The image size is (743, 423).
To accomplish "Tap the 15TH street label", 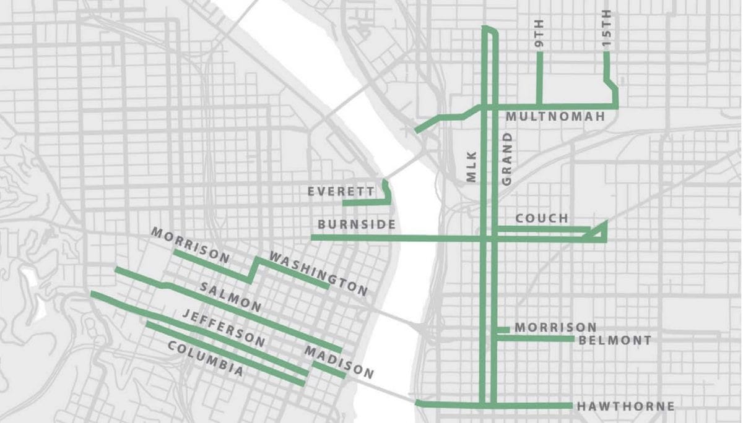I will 607,28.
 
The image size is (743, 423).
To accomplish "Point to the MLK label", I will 472,167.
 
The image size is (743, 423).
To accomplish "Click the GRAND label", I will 507,158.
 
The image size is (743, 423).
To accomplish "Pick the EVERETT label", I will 341,192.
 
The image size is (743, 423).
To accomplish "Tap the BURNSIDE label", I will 356,224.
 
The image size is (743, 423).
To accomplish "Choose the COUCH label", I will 542,218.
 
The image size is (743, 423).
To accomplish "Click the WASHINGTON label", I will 318,273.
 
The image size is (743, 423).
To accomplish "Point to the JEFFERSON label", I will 224,327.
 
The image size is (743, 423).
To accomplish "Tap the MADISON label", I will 339,362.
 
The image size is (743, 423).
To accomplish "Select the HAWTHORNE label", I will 625,406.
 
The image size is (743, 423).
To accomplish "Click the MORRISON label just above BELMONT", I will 555,327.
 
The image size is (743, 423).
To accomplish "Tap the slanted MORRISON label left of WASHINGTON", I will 191,245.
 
